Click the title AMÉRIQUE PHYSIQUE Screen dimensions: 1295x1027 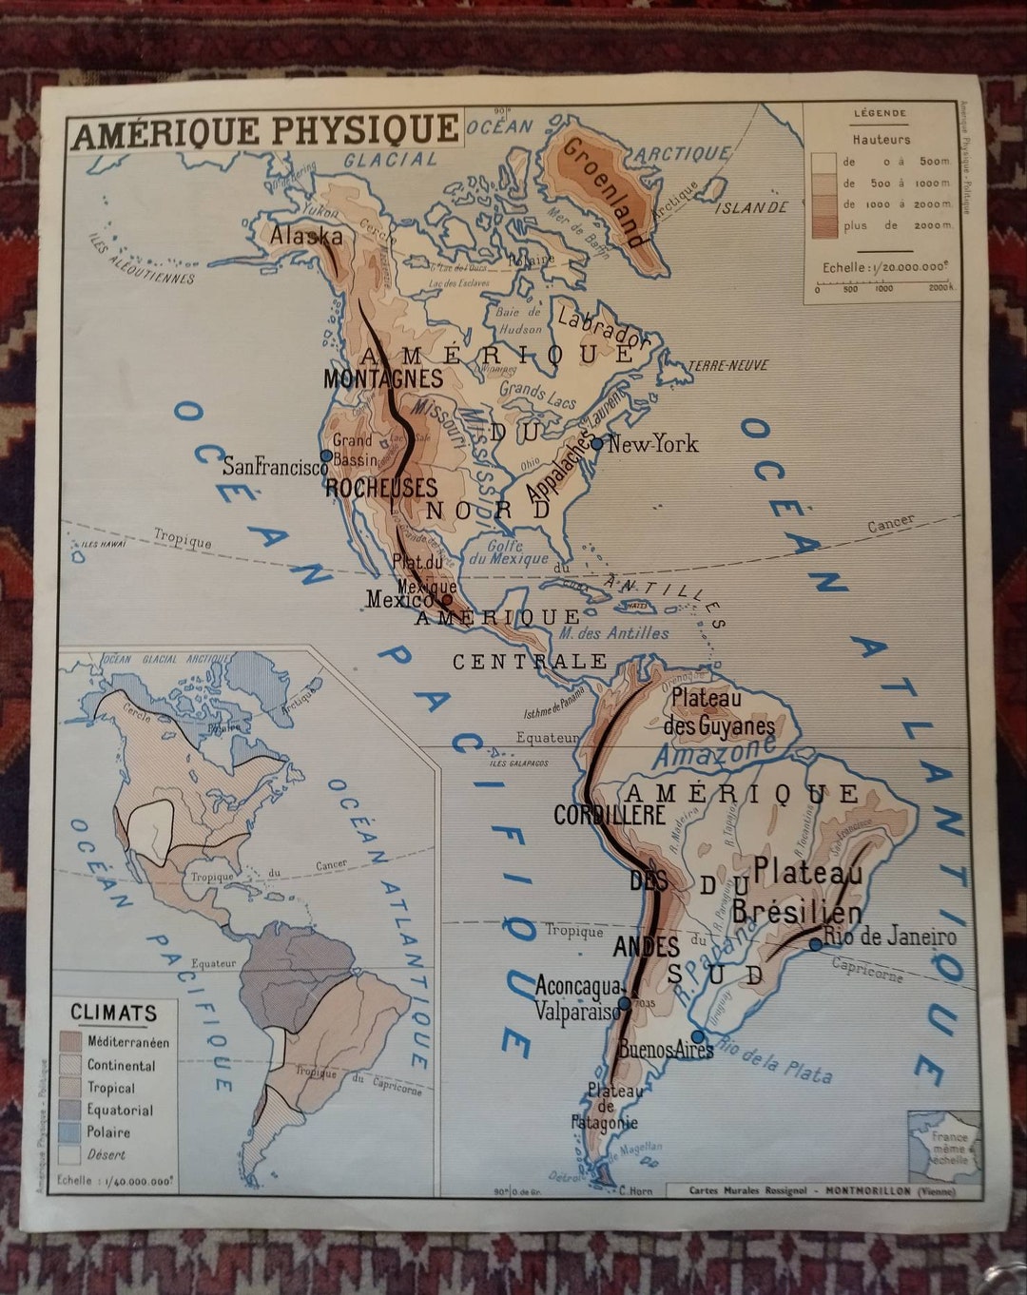point(264,131)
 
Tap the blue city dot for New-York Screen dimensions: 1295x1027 point(596,443)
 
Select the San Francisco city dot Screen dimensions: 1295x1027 point(326,455)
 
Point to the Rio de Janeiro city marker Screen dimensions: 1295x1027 point(815,944)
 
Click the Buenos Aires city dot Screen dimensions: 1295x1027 point(697,1036)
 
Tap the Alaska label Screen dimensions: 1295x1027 point(306,235)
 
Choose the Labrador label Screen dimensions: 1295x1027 point(601,324)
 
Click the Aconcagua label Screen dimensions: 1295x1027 point(577,987)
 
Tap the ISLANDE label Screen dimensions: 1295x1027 point(751,207)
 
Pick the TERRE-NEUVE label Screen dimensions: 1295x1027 point(727,365)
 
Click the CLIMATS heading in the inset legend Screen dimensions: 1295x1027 point(113,1013)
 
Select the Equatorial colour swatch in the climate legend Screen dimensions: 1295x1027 point(70,1110)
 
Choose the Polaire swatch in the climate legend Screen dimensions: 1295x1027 point(70,1132)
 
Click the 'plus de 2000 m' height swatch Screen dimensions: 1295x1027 point(824,225)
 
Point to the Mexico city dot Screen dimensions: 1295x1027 point(446,599)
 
